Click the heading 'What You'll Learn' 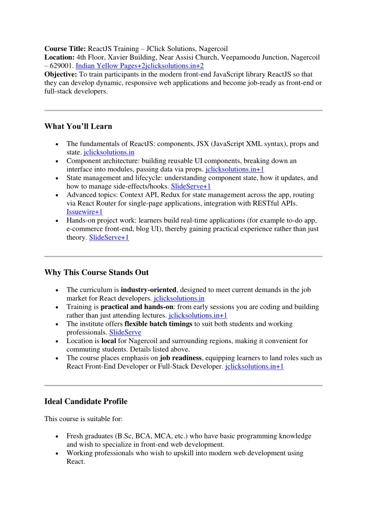coord(78,126)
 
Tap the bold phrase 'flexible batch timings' coord(158,324)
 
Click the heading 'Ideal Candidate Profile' coord(86,401)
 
